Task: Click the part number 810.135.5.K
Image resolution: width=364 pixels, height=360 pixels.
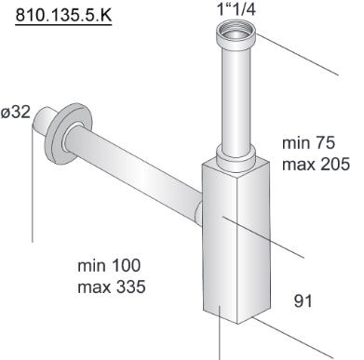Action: pyautogui.click(x=63, y=15)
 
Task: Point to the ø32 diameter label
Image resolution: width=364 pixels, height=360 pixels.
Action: pyautogui.click(x=16, y=113)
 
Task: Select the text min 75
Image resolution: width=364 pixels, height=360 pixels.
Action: pyautogui.click(x=308, y=142)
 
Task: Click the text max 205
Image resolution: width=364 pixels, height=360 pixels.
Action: pyautogui.click(x=316, y=164)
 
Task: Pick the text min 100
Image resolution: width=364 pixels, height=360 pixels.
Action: pyautogui.click(x=109, y=266)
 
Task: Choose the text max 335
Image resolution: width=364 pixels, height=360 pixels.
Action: pyautogui.click(x=112, y=287)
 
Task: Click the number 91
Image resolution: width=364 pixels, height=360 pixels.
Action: pyautogui.click(x=303, y=300)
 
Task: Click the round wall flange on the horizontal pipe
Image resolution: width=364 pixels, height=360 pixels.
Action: pyautogui.click(x=68, y=134)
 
